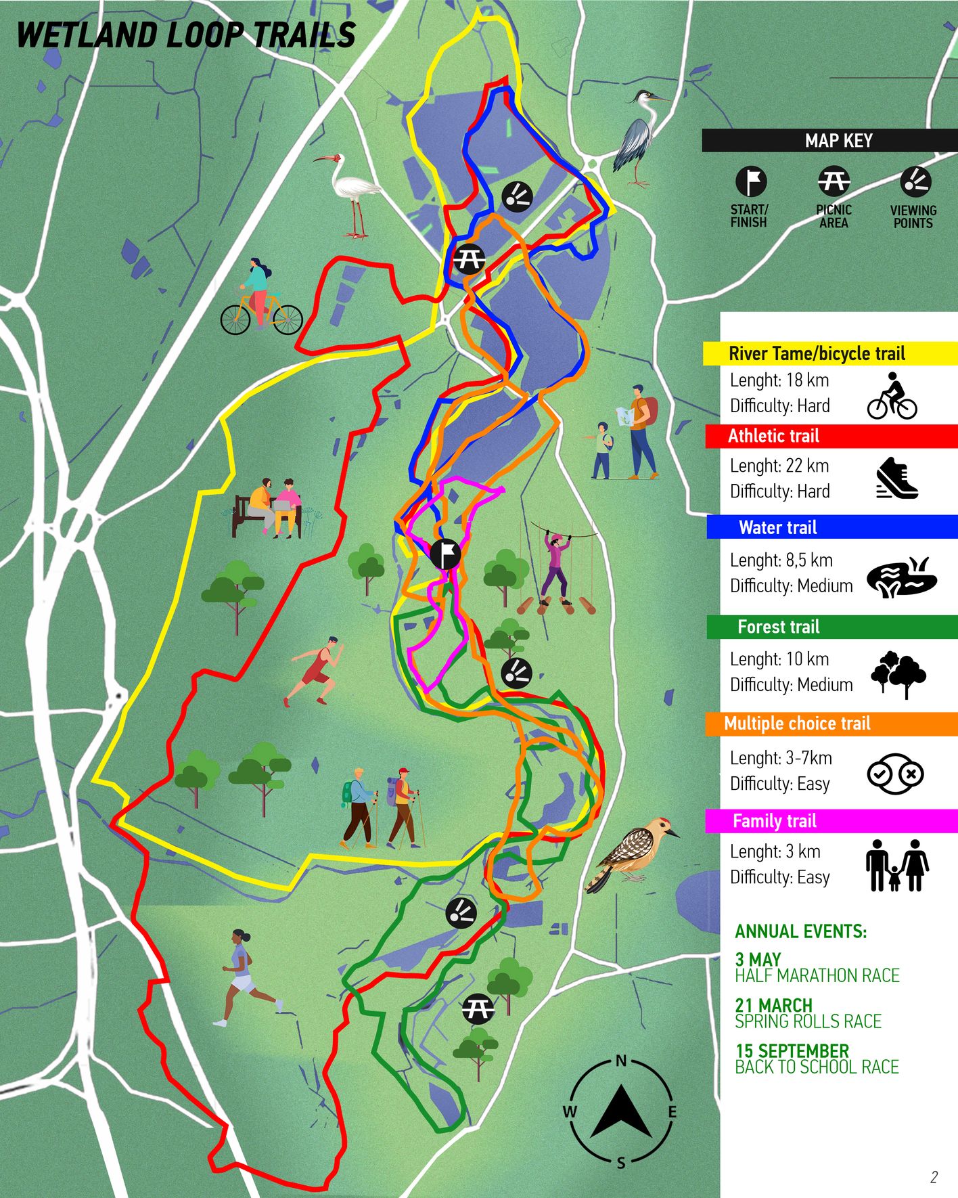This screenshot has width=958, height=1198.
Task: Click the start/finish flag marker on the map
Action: (x=445, y=554)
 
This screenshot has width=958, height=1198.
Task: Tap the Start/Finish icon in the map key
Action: (x=750, y=181)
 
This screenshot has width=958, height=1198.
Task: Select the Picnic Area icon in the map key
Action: (x=834, y=181)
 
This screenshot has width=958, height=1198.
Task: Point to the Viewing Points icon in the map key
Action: (x=915, y=181)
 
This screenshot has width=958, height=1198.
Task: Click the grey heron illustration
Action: (x=637, y=138)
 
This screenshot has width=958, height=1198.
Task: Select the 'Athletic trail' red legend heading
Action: (x=773, y=436)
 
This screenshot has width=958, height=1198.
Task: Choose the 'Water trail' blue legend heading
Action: (x=778, y=527)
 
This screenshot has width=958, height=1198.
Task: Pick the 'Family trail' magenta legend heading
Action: (x=775, y=821)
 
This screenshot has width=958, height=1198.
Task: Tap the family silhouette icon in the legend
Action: (x=897, y=865)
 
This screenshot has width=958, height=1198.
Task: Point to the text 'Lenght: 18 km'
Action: (x=779, y=380)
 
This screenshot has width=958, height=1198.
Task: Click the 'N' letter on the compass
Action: (x=621, y=1061)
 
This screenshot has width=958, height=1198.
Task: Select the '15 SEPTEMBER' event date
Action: (x=792, y=1051)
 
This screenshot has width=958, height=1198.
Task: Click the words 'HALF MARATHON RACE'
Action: (x=817, y=975)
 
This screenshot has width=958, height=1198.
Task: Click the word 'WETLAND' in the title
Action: (x=89, y=35)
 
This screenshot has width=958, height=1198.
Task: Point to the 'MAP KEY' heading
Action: (x=838, y=141)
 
